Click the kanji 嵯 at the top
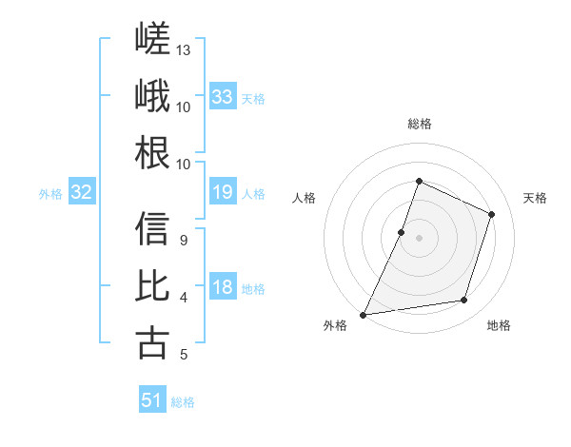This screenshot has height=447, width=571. tap(152, 38)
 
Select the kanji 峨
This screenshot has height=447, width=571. tap(152, 95)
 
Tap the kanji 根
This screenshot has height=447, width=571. tap(152, 152)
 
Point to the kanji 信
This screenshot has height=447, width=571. tap(152, 228)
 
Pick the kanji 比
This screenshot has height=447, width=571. tap(152, 285)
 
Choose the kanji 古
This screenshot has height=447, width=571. tap(152, 343)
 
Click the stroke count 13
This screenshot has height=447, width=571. tap(183, 50)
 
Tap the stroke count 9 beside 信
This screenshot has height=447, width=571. tap(184, 241)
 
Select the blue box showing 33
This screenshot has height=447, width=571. tap(223, 96)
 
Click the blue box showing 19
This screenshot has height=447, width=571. tap(223, 191)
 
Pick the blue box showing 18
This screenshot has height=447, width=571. tap(223, 285)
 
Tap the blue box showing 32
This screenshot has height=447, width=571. tap(82, 191)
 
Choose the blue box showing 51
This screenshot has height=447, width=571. tap(152, 398)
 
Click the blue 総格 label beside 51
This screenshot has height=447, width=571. tap(183, 402)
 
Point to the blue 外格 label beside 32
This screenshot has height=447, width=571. tap(50, 194)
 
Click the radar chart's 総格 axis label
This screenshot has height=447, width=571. tap(420, 124)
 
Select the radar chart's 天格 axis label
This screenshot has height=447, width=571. tap(535, 198)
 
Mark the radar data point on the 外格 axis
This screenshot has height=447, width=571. tap(363, 315)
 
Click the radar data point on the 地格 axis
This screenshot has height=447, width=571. tap(464, 300)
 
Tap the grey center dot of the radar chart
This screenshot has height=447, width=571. tap(419, 238)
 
